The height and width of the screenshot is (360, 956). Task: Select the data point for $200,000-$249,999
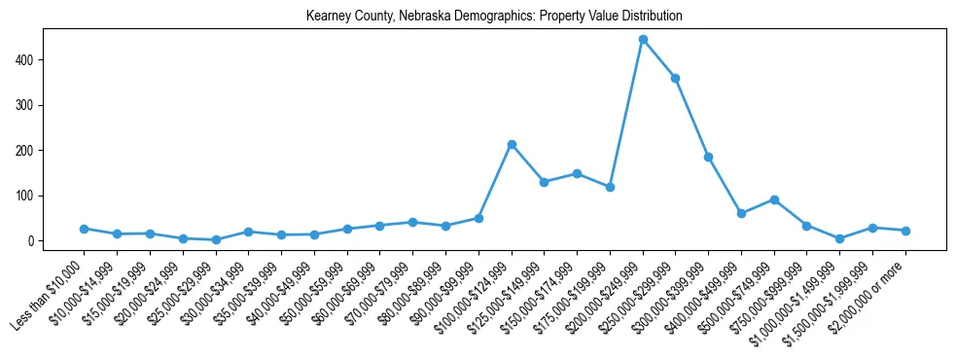643,40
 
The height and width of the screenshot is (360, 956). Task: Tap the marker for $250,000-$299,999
675,78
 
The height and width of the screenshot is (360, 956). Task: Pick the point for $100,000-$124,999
512,144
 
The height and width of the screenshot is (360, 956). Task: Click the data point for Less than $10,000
85,229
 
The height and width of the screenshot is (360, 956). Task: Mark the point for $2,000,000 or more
905,231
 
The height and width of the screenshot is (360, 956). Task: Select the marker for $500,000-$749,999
774,199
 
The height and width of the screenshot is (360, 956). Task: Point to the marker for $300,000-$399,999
708,157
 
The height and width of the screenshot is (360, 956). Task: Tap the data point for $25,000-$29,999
216,239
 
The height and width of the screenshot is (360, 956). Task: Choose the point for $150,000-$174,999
577,173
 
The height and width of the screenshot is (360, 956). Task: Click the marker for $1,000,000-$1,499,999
839,238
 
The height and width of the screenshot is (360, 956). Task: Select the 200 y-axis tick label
26,150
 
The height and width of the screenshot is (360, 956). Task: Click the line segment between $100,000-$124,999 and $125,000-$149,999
528,163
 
